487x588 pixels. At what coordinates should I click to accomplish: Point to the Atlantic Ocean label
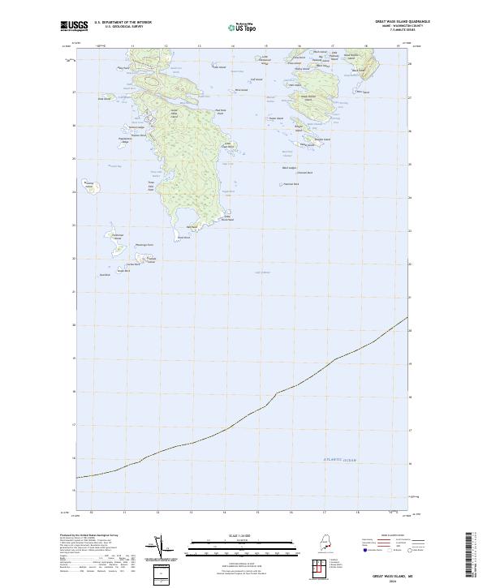339,460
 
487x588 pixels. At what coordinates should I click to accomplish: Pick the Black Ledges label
290,168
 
